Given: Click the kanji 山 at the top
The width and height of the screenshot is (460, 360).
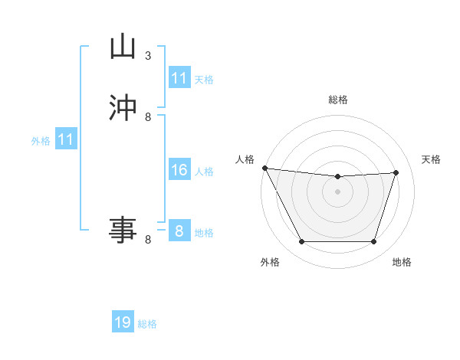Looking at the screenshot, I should (123, 47).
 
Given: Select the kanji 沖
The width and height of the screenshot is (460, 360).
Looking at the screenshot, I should (123, 108).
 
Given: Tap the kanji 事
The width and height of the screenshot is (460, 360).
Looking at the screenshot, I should (123, 229).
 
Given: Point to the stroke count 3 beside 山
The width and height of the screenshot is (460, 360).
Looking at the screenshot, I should (148, 56).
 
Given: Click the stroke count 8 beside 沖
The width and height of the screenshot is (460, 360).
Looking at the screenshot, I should (148, 117).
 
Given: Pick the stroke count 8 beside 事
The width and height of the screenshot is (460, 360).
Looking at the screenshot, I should (148, 240).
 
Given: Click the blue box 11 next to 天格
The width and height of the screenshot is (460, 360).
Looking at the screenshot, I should (179, 78).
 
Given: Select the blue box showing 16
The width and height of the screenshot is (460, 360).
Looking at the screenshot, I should (179, 170).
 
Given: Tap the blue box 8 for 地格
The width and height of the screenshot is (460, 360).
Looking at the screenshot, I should (179, 231).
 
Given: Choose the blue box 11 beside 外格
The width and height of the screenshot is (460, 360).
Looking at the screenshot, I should (66, 139).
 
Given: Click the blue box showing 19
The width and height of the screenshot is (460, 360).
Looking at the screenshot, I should (123, 322).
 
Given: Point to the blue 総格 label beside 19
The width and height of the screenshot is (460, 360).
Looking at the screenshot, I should (147, 324).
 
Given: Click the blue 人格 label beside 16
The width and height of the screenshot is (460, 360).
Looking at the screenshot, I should (204, 172).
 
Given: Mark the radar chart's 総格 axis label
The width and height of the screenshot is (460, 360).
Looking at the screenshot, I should (337, 100).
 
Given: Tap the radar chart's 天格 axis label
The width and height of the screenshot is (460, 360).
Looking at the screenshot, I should (432, 159).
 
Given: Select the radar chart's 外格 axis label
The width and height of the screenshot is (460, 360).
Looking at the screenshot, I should (270, 262).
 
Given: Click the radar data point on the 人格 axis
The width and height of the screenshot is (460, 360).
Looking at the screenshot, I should (264, 168).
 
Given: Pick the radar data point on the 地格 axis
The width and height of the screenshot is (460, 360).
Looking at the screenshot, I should (373, 242).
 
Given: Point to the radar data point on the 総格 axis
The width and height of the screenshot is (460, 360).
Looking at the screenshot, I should (337, 177).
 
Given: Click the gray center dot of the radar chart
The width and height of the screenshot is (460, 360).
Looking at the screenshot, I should (337, 191).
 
